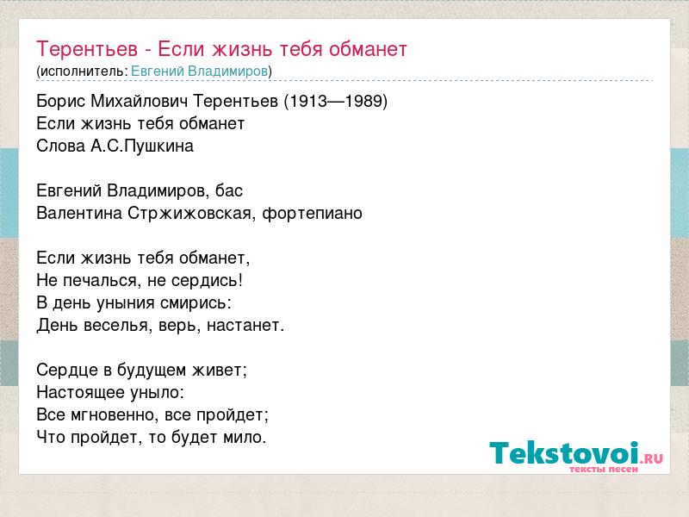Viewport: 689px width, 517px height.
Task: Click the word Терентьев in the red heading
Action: [x=87, y=49]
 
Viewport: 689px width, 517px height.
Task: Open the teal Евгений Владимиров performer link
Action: [x=200, y=71]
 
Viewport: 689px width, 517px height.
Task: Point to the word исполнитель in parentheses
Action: [x=83, y=72]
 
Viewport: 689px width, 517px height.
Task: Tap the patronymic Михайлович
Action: [x=140, y=101]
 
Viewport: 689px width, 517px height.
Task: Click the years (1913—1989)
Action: [x=336, y=101]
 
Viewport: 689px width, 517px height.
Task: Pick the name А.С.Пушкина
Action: [x=142, y=146]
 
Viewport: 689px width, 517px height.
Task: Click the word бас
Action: [x=229, y=190]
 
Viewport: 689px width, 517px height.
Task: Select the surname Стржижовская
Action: [x=190, y=213]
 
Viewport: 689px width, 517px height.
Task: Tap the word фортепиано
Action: [x=312, y=213]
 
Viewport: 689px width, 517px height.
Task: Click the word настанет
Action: [x=245, y=326]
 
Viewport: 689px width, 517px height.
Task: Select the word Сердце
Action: [x=67, y=370]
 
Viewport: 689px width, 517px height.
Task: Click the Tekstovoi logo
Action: [x=576, y=457]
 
